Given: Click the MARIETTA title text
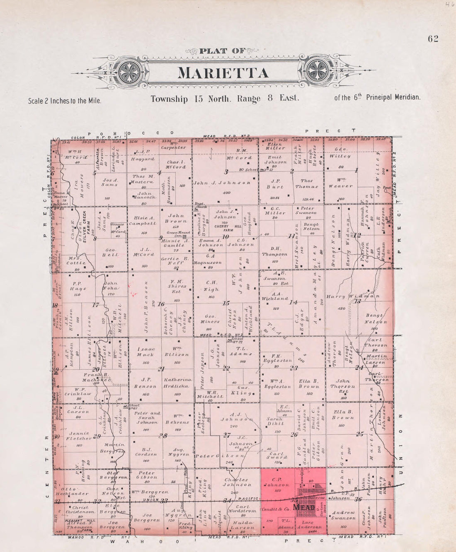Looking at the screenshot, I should (x=223, y=73).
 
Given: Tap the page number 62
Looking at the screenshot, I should (x=433, y=39).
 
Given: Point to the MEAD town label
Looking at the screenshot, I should (x=304, y=507).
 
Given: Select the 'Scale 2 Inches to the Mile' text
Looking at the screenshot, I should (x=65, y=101).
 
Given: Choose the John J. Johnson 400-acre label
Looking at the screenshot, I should (x=222, y=183).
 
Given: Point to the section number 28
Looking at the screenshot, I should (x=163, y=436).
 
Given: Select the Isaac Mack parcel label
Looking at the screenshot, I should (x=146, y=352).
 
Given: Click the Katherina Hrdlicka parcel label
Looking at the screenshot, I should (x=178, y=383).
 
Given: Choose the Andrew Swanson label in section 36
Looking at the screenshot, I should (x=343, y=515).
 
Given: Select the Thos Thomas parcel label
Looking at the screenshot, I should (x=307, y=183).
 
